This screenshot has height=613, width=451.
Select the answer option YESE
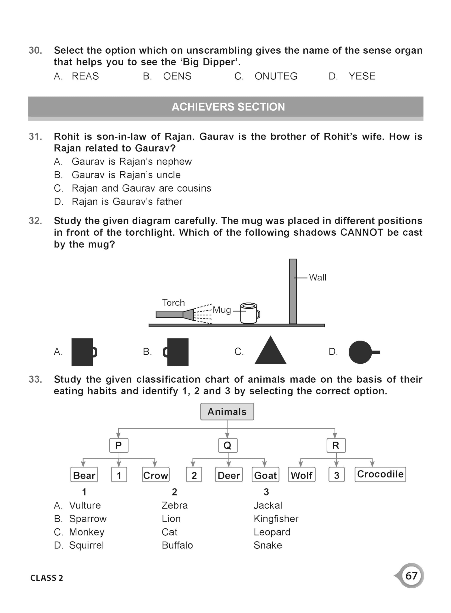[362, 76]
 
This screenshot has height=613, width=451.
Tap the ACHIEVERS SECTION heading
[228, 107]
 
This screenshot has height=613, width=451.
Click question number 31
[35, 136]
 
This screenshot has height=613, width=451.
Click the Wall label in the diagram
[317, 278]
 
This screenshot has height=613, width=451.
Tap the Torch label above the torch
[173, 303]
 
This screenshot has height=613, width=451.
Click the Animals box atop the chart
[227, 412]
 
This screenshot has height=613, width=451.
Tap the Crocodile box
[380, 474]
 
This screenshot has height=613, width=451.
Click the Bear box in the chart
[84, 475]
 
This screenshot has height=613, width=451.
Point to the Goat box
[265, 475]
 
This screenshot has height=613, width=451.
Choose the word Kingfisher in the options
[276, 519]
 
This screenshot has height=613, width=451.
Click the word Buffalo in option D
[177, 545]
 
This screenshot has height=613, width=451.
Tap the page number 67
[411, 576]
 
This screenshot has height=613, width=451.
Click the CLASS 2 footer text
[47, 578]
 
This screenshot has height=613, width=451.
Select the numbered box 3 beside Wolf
[336, 475]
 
